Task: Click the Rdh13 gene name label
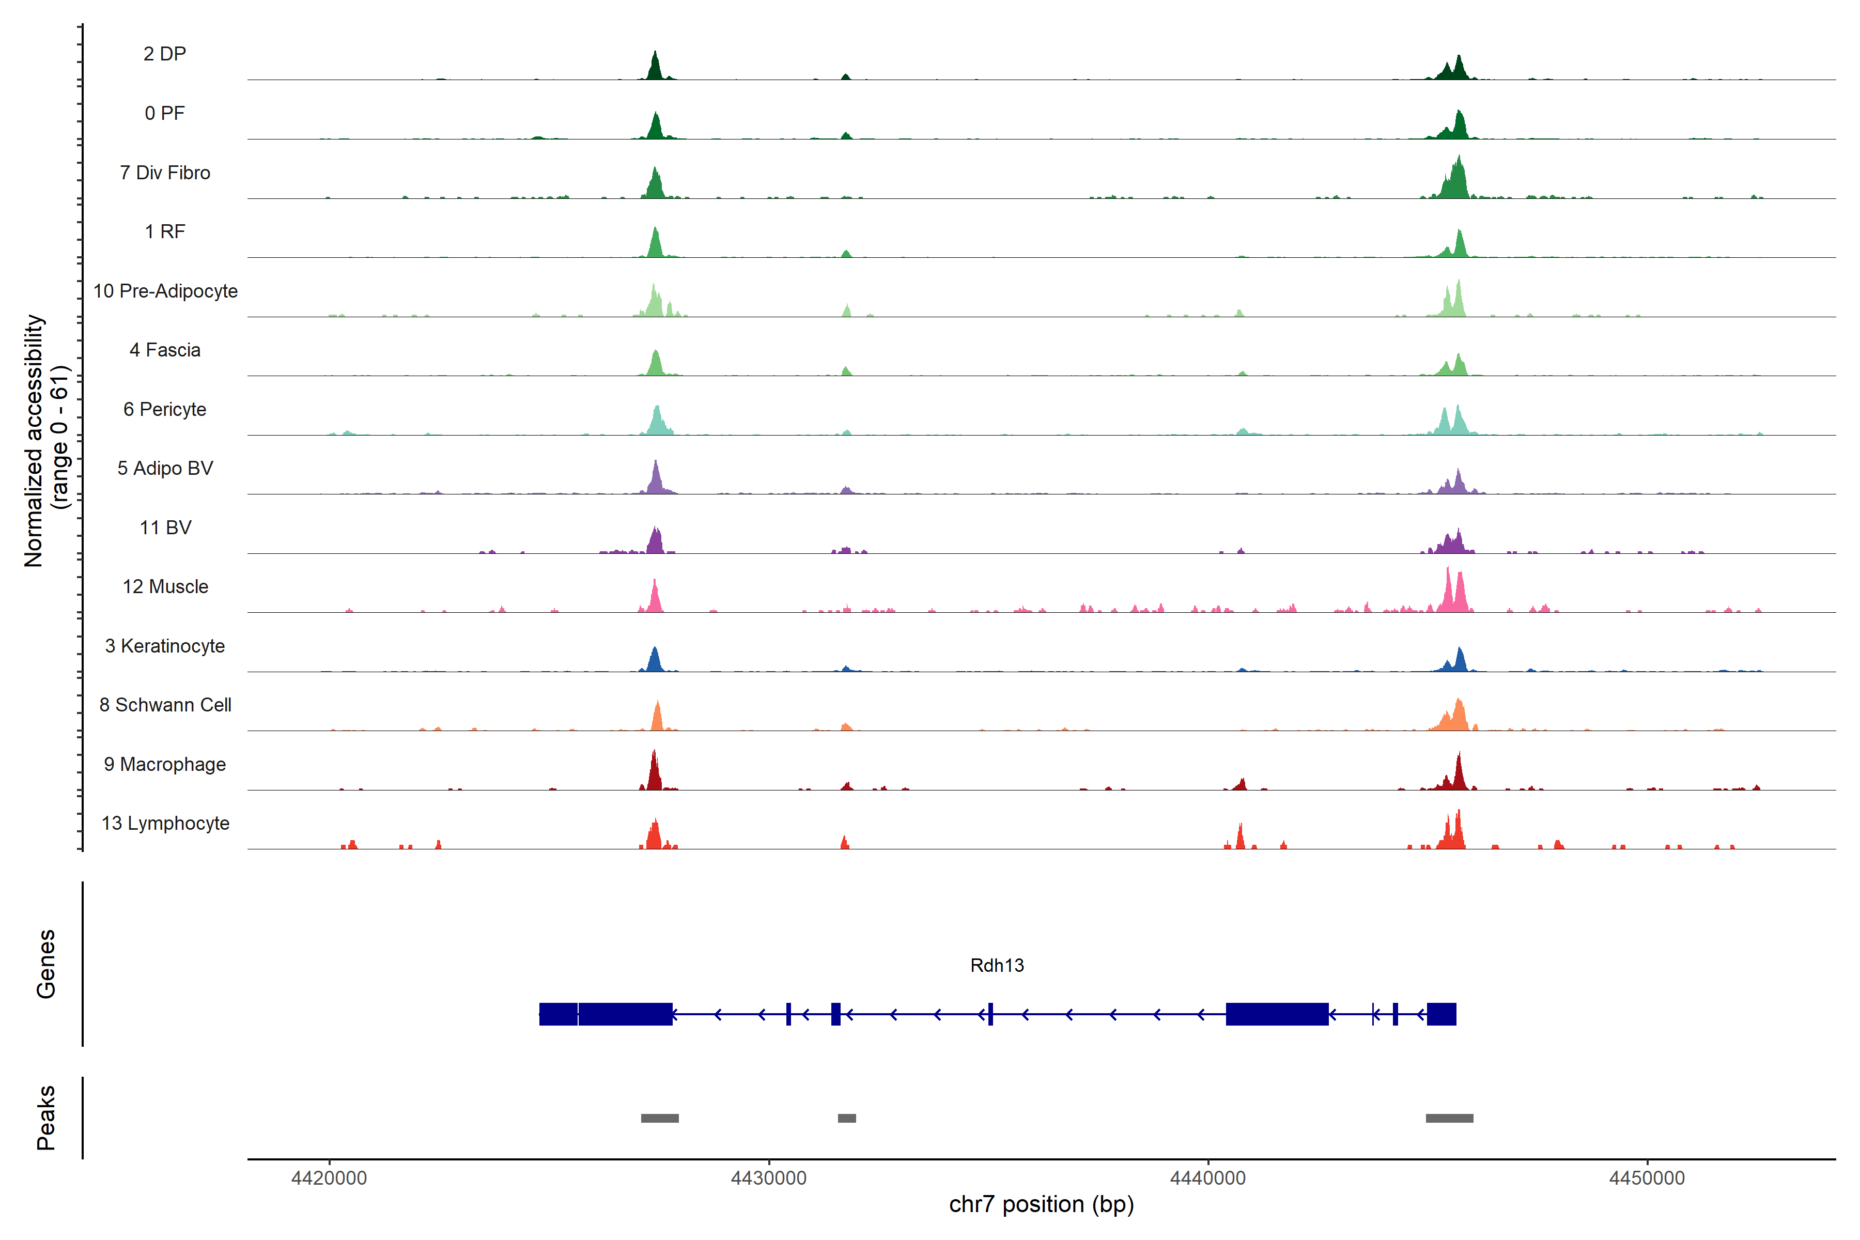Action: (x=997, y=966)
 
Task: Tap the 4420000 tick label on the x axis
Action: (x=329, y=1179)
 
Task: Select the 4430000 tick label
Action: (x=769, y=1179)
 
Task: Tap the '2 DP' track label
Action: (x=164, y=54)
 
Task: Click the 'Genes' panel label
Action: (x=46, y=964)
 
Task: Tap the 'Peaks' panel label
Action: (x=46, y=1118)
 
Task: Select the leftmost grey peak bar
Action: (x=660, y=1118)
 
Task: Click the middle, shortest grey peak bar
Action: (x=846, y=1118)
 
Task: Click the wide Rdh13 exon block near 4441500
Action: (x=1276, y=1014)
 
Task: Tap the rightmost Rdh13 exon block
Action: (x=1441, y=1014)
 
